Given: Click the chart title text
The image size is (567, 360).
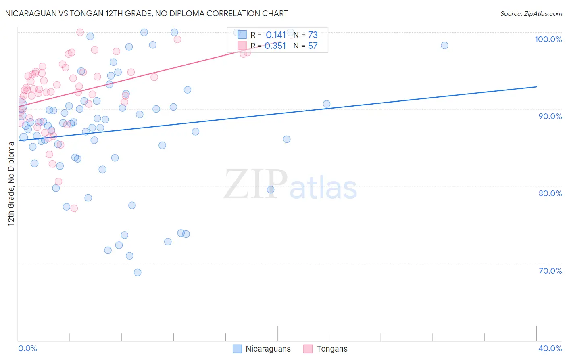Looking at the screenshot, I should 146,13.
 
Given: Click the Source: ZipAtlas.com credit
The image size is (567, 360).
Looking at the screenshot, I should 531,13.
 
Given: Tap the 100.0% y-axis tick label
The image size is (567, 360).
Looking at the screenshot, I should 548,39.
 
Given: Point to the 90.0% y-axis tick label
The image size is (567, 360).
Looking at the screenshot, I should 550,116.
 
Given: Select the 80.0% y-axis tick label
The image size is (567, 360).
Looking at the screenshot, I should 550,193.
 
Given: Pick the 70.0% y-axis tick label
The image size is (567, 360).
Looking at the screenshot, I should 550,271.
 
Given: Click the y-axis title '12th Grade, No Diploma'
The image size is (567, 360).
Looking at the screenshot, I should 11,184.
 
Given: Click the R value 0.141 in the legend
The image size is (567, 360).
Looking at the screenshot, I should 276,35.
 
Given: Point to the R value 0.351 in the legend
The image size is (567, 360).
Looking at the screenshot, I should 276,46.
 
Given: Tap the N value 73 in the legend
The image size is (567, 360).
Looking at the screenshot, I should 313,35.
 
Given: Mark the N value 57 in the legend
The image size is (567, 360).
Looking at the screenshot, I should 313,46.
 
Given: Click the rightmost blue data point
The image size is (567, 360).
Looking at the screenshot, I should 444,46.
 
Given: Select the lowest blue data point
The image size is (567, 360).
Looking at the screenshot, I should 138,272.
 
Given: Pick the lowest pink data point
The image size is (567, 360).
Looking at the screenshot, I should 74,208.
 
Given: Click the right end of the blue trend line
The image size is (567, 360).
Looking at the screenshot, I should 536,87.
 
